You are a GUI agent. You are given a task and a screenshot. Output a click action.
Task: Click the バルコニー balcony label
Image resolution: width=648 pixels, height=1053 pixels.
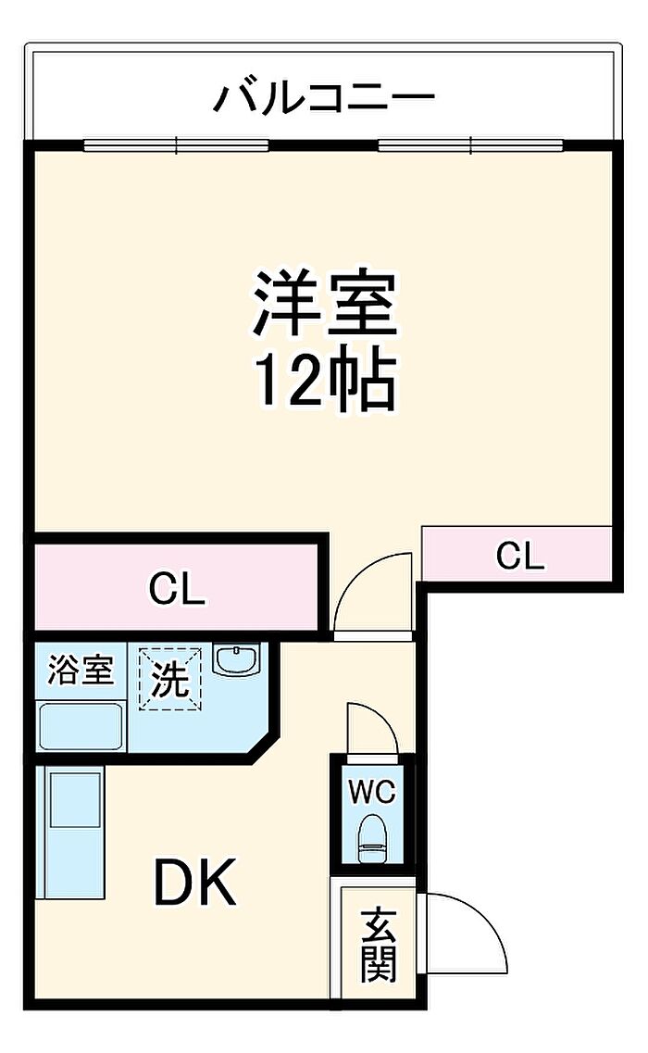pyautogui.click(x=323, y=96)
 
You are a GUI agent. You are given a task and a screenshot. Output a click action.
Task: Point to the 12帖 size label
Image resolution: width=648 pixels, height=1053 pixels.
pyautogui.click(x=325, y=381)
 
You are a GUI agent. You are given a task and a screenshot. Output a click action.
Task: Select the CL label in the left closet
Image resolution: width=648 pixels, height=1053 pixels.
pyautogui.click(x=177, y=589)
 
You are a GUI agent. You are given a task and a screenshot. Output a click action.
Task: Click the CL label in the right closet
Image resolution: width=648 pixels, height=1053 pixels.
pyautogui.click(x=519, y=556)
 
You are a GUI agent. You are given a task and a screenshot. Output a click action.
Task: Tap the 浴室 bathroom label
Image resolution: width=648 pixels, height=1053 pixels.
pyautogui.click(x=81, y=670)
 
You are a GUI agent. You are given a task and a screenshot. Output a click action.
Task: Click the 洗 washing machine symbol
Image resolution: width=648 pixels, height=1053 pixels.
pyautogui.click(x=170, y=681)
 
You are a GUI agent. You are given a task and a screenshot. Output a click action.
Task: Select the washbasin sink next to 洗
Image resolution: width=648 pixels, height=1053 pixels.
pyautogui.click(x=238, y=660)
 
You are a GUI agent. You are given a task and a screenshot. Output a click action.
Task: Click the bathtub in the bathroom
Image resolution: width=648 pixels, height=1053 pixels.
pyautogui.click(x=81, y=725)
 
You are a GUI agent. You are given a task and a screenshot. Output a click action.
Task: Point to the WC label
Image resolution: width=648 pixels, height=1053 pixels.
pyautogui.click(x=372, y=792)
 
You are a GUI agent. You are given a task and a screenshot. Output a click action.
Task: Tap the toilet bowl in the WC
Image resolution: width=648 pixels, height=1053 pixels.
pyautogui.click(x=373, y=834)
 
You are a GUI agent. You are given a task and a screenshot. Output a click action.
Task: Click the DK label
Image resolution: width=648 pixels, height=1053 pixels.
pyautogui.click(x=195, y=884)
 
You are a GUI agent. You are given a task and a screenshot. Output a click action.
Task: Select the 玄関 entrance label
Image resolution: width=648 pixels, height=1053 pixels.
pyautogui.click(x=379, y=946)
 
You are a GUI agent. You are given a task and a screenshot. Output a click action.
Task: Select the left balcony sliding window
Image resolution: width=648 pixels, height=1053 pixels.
pyautogui.click(x=176, y=145)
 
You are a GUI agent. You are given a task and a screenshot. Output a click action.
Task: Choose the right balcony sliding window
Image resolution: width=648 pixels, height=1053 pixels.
pyautogui.click(x=470, y=145)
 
